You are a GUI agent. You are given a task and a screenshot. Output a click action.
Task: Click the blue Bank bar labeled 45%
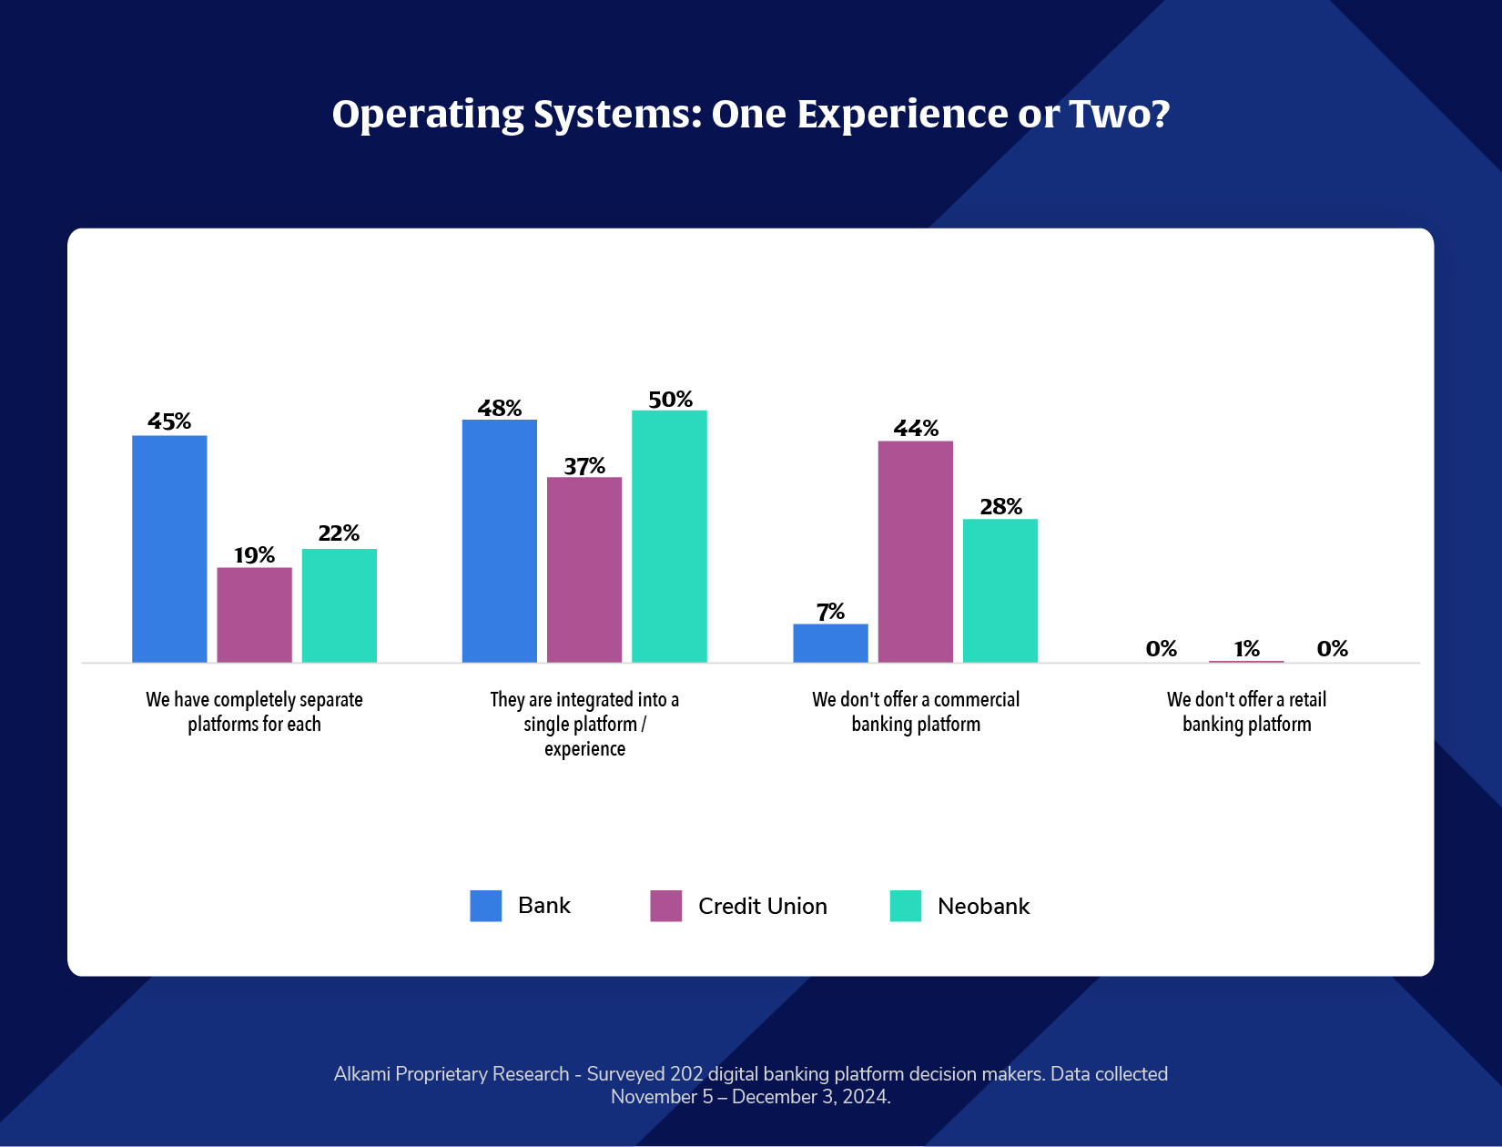coord(169,548)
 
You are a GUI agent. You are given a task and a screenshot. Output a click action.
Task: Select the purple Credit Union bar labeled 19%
coord(254,614)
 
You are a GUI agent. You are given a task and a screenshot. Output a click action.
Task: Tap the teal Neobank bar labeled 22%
coord(339,605)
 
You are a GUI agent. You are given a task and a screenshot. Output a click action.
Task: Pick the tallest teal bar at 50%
coord(669,536)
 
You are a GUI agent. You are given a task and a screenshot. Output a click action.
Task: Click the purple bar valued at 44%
coord(915,551)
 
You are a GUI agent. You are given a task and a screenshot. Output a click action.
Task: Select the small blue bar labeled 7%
coord(830,643)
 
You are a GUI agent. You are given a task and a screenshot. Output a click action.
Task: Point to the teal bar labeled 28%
coord(1000,590)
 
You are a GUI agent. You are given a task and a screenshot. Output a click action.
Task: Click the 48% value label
coord(500,408)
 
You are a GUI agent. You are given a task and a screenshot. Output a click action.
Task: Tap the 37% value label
coord(584,466)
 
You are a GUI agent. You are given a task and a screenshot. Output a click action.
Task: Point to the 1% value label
coord(1246,648)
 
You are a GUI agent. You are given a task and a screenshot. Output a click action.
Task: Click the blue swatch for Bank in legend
coord(485,906)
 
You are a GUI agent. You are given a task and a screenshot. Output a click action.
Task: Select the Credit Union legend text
coord(762,906)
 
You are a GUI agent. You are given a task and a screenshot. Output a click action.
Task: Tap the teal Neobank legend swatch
coord(905,906)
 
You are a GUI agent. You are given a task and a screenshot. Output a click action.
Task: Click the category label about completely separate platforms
coord(254,711)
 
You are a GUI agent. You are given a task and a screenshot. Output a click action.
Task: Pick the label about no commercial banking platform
coord(915,711)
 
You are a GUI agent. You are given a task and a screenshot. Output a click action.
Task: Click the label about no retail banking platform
coord(1246,711)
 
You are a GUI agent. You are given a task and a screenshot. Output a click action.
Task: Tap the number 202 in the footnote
coord(686,1074)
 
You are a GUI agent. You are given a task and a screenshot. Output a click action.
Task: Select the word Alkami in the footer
coord(362,1074)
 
